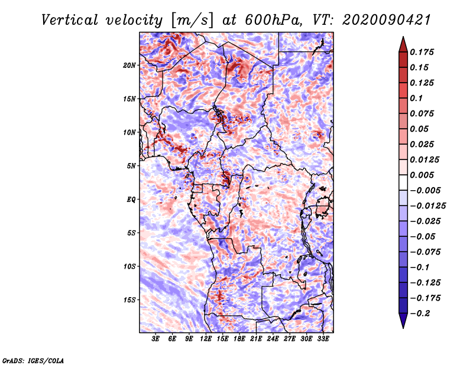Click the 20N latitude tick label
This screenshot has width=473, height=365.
click(x=129, y=66)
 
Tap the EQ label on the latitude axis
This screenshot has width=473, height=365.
click(x=131, y=200)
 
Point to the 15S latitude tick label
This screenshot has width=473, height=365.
click(x=129, y=300)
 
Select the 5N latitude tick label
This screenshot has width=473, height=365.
click(x=131, y=166)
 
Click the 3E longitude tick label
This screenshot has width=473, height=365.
click(x=155, y=339)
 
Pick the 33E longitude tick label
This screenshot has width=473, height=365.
click(x=323, y=339)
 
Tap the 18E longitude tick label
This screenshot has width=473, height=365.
click(x=239, y=339)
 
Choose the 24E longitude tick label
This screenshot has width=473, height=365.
click(x=273, y=339)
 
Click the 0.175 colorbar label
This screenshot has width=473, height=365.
click(x=422, y=52)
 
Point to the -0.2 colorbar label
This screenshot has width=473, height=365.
click(x=420, y=314)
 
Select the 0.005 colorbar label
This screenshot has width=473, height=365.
click(x=422, y=175)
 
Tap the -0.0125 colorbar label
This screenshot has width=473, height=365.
click(x=427, y=206)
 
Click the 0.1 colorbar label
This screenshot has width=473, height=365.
click(x=416, y=98)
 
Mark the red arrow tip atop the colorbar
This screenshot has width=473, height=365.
click(x=403, y=37)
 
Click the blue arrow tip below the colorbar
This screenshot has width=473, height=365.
click(x=403, y=328)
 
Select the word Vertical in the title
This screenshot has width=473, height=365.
click(x=70, y=20)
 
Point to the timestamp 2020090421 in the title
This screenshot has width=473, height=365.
click(x=387, y=20)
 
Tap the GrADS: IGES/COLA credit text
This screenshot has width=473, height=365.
click(x=33, y=360)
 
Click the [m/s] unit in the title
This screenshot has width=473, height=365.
click(x=192, y=20)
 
